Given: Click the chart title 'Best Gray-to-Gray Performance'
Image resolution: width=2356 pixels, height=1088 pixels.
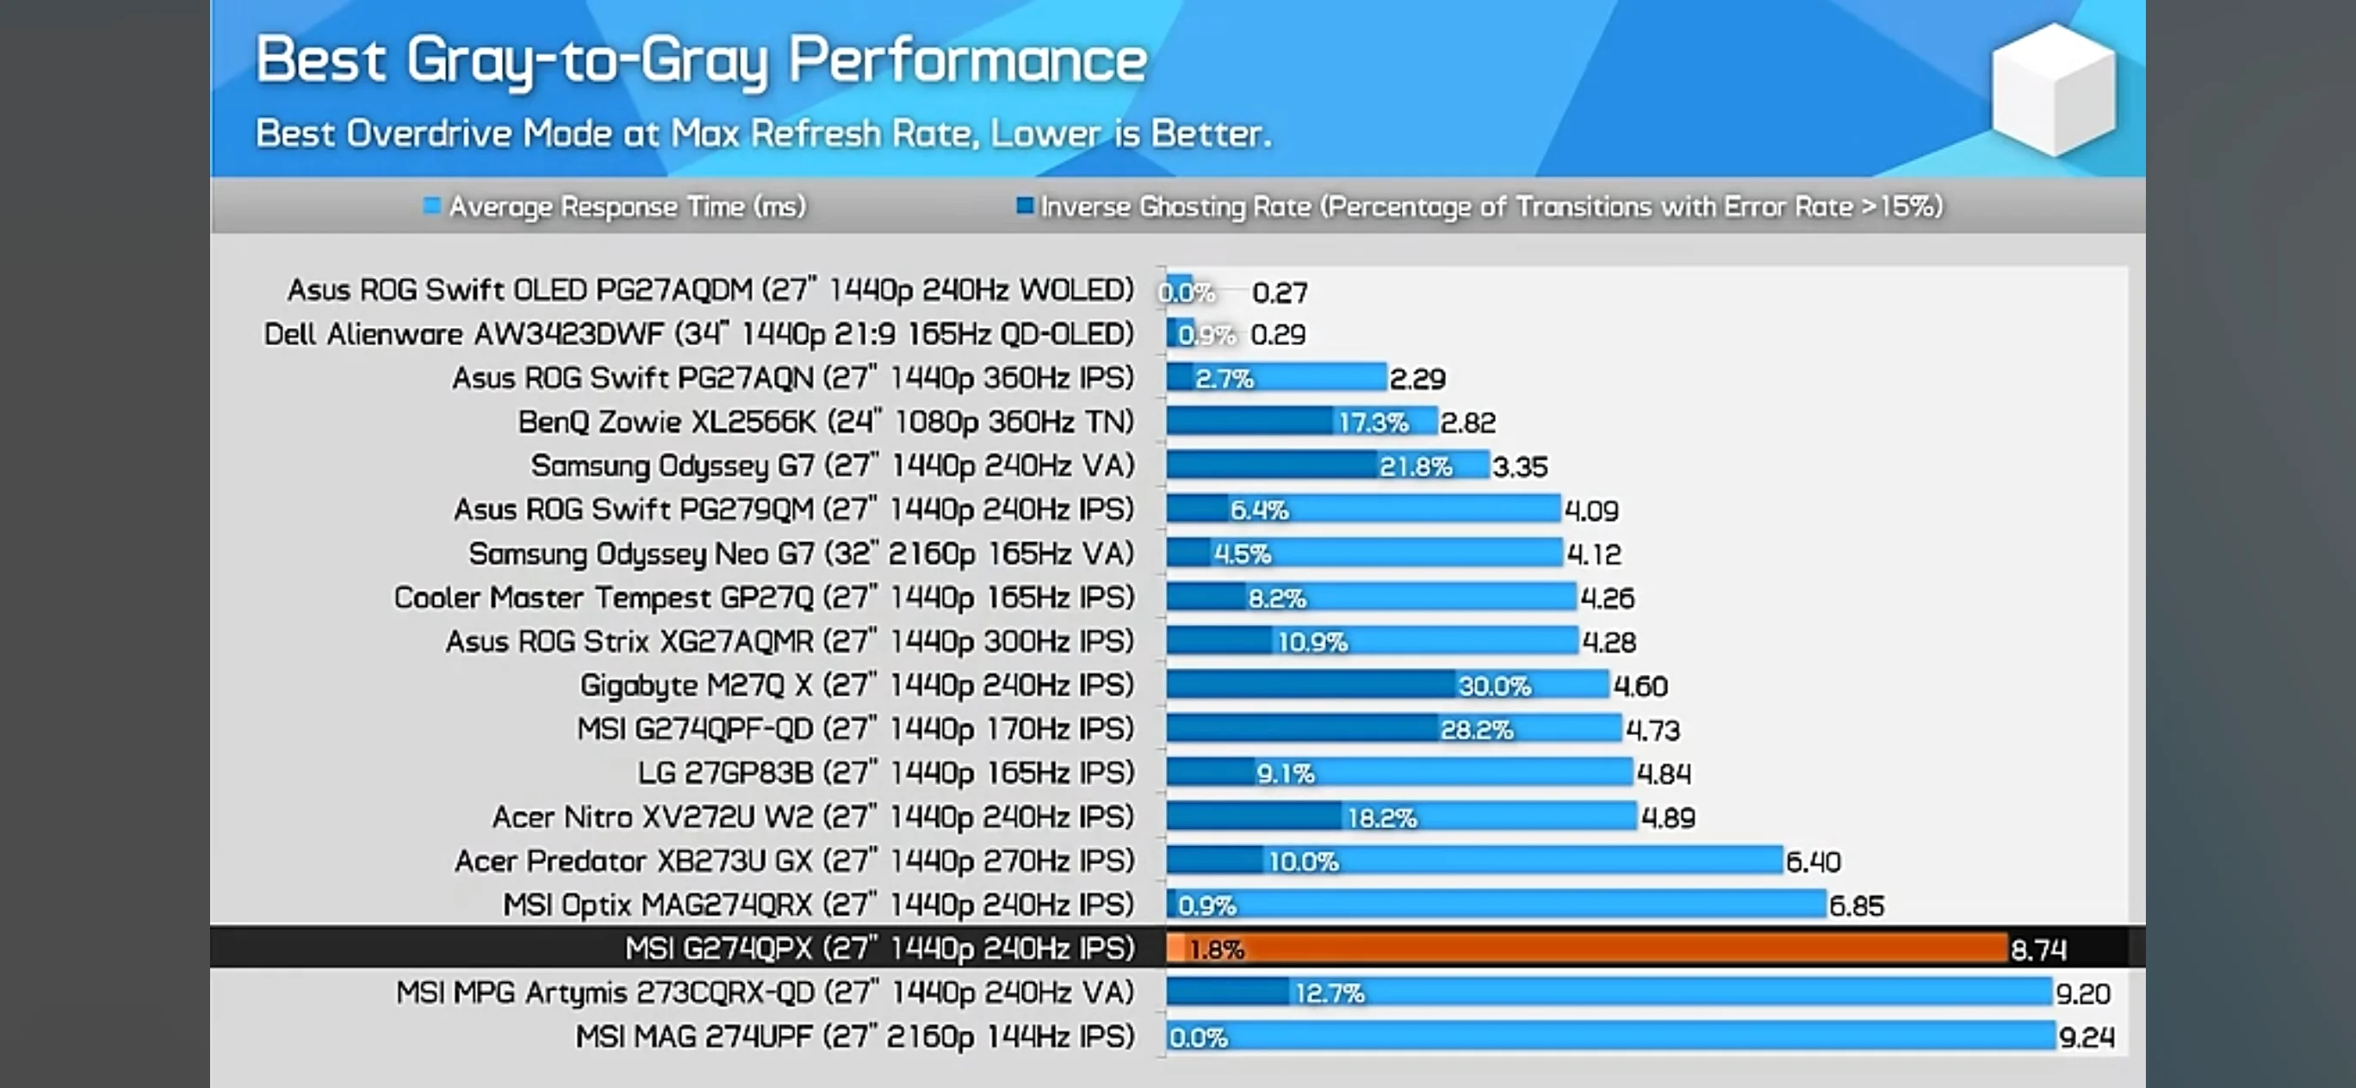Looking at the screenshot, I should tap(701, 60).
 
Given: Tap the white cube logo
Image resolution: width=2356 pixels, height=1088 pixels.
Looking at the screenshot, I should tap(2053, 90).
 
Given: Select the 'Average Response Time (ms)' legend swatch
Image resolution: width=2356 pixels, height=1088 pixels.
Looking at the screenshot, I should tap(431, 206).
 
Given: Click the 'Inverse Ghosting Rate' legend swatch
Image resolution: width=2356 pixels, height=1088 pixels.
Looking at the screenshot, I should tap(1025, 206).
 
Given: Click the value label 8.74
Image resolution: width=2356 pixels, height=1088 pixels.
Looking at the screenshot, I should tap(2037, 950).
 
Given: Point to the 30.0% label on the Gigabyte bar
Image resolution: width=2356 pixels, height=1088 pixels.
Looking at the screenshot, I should tap(1493, 686).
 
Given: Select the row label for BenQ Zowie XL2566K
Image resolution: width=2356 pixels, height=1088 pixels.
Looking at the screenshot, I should tap(825, 422).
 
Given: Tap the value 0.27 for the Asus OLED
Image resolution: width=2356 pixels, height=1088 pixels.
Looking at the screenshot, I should tap(1280, 293).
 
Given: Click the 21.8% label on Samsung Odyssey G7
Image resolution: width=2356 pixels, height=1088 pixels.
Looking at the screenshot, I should tap(1415, 467).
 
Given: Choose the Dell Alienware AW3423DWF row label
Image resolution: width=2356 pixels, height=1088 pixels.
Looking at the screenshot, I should tap(698, 334).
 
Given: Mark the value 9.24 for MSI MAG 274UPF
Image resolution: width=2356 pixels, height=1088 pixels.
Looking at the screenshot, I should tap(2086, 1038).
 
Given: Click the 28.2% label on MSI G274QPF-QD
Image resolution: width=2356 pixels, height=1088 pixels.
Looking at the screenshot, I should tap(1476, 730).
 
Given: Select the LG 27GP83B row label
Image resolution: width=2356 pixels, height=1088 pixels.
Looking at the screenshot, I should tap(885, 773).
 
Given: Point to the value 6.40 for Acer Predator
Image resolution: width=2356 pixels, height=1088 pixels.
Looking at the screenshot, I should tap(1813, 862).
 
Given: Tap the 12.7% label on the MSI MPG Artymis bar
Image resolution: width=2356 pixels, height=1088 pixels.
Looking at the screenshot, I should tap(1329, 993).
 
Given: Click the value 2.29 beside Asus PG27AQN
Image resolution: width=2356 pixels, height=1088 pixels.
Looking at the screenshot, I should tap(1417, 379).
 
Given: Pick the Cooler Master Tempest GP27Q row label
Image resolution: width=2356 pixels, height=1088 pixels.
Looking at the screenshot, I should tap(764, 597).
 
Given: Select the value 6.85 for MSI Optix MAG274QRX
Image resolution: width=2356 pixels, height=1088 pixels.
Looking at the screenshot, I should tap(1856, 906).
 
